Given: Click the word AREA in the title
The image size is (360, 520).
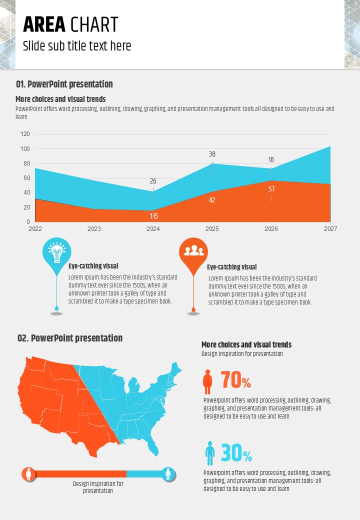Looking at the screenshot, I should coord(44,24).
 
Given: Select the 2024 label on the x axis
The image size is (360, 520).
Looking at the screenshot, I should coord(153,229).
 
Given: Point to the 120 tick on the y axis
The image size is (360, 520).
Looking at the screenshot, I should coord(25,134).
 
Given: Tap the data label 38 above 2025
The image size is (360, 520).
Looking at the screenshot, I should coord(212,154).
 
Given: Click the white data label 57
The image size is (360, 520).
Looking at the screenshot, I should coord(271,189).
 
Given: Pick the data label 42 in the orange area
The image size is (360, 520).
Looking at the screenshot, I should coord(212,200).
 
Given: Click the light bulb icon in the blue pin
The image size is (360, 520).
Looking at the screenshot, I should coord(56,252).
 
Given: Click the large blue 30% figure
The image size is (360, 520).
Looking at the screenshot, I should coord(236,453).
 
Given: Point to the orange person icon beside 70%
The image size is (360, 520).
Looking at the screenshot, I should coord(207,381).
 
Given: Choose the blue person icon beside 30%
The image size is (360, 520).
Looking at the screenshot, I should coord(210,453).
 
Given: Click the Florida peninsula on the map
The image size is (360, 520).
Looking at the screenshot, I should coord(154,447).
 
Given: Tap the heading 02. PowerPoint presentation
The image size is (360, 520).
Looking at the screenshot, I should coord(70,338).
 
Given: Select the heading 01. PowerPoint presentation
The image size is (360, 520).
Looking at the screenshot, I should coord(64,84).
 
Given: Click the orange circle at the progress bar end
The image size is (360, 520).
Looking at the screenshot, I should coord(29,473).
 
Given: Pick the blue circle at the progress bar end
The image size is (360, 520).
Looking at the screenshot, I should coord(168,473).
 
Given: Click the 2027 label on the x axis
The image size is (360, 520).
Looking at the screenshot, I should coord(330,229).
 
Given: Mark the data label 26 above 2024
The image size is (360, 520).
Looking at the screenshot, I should coord(153,181).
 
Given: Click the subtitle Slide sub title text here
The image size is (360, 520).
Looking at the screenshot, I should coord(77,46).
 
